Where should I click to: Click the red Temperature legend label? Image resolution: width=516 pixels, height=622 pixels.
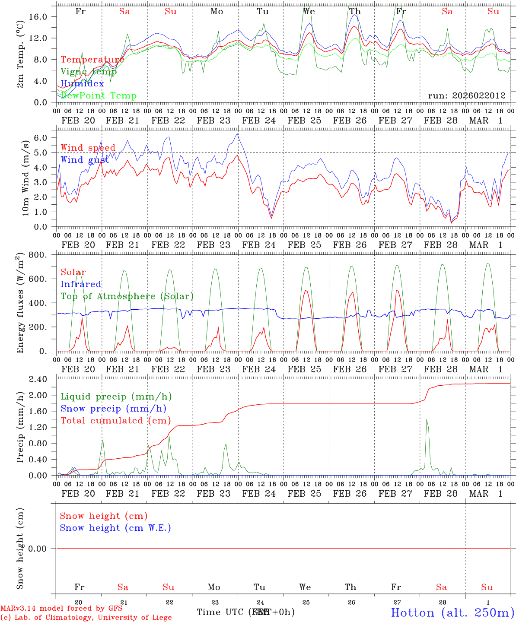click(x=92, y=60)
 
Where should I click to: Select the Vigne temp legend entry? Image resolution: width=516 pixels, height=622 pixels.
click(x=89, y=72)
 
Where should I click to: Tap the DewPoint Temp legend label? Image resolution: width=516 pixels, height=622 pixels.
click(x=99, y=95)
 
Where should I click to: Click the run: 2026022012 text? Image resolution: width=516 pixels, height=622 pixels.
click(x=466, y=95)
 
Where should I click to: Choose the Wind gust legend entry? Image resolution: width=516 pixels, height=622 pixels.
click(x=85, y=160)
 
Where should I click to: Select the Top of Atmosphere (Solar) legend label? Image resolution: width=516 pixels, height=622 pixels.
click(x=127, y=296)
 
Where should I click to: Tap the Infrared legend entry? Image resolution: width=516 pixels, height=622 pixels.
click(x=81, y=284)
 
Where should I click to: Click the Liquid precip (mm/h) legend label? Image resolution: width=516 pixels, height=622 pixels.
click(x=116, y=397)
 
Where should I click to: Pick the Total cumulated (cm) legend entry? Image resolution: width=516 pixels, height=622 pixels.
click(x=115, y=420)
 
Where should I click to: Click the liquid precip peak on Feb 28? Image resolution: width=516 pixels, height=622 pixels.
click(x=427, y=419)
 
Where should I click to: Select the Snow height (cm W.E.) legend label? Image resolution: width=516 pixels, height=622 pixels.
click(x=115, y=528)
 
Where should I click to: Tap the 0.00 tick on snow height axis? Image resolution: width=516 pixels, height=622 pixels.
click(x=42, y=549)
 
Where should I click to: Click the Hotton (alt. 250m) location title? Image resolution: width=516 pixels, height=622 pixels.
click(x=452, y=612)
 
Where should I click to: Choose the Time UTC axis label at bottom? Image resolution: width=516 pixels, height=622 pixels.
click(x=221, y=612)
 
